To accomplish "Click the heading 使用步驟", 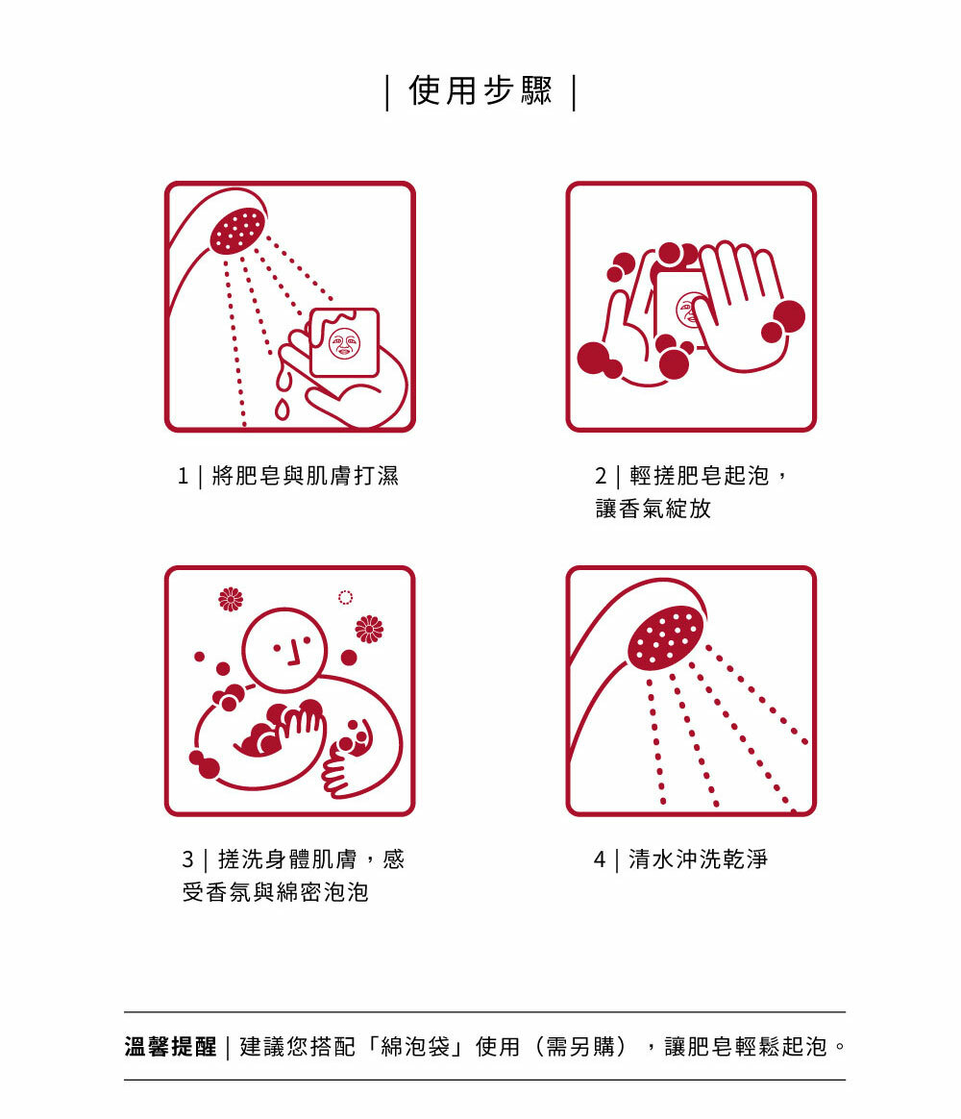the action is (x=480, y=90).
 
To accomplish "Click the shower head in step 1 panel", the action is (x=238, y=230).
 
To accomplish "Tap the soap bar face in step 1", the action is (x=345, y=343).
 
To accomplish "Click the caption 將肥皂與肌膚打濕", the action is (x=306, y=475).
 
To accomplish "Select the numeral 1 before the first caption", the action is (x=183, y=476).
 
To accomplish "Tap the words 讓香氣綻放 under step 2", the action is (x=653, y=509).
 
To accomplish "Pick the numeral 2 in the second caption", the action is (x=601, y=476).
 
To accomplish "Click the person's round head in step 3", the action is (x=284, y=650).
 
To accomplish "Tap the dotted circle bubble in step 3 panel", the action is (x=345, y=597).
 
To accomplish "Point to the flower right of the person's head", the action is (x=369, y=629).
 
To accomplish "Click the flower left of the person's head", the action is (x=231, y=599).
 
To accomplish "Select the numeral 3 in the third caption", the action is (x=187, y=859).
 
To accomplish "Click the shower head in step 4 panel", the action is (x=665, y=636).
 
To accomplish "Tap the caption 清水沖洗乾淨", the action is (x=698, y=859).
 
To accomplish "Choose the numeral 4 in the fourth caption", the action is (x=600, y=859).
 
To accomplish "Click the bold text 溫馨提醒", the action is (x=170, y=1047).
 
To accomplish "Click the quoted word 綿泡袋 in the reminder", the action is (x=415, y=1047).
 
